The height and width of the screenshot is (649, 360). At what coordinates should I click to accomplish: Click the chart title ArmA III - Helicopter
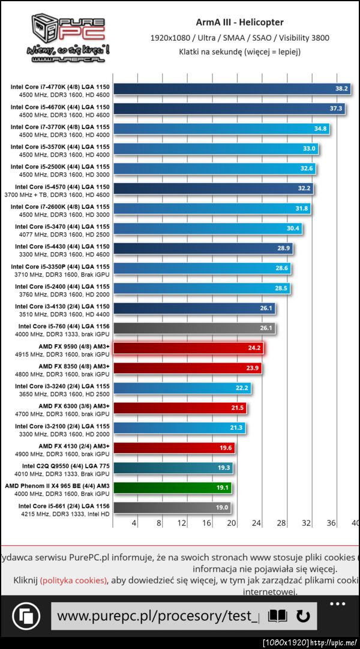[x=239, y=23]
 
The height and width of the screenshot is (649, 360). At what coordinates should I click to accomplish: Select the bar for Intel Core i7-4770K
[x=231, y=89]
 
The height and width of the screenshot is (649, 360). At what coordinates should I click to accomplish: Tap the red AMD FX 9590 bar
[x=187, y=348]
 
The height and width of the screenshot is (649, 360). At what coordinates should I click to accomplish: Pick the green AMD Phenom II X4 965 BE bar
[x=172, y=488]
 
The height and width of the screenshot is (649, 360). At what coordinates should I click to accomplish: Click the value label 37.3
[x=336, y=109]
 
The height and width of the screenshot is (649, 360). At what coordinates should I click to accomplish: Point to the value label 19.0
[x=221, y=508]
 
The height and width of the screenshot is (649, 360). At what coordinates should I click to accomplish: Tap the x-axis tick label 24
[x=256, y=524]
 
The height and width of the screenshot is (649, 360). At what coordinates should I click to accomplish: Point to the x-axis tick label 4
[x=134, y=524]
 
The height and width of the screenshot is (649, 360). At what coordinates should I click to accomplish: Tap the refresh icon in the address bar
[x=303, y=616]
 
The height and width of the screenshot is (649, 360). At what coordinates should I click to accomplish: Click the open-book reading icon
[x=277, y=616]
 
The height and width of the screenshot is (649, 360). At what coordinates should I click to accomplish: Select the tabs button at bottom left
[x=26, y=617]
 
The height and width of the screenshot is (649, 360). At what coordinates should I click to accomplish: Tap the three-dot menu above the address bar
[x=337, y=603]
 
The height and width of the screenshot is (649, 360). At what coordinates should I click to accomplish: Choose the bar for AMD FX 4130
[x=173, y=447]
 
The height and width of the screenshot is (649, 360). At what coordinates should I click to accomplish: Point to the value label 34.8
[x=320, y=128]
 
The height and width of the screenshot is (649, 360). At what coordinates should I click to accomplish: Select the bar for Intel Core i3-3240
[x=182, y=388]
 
